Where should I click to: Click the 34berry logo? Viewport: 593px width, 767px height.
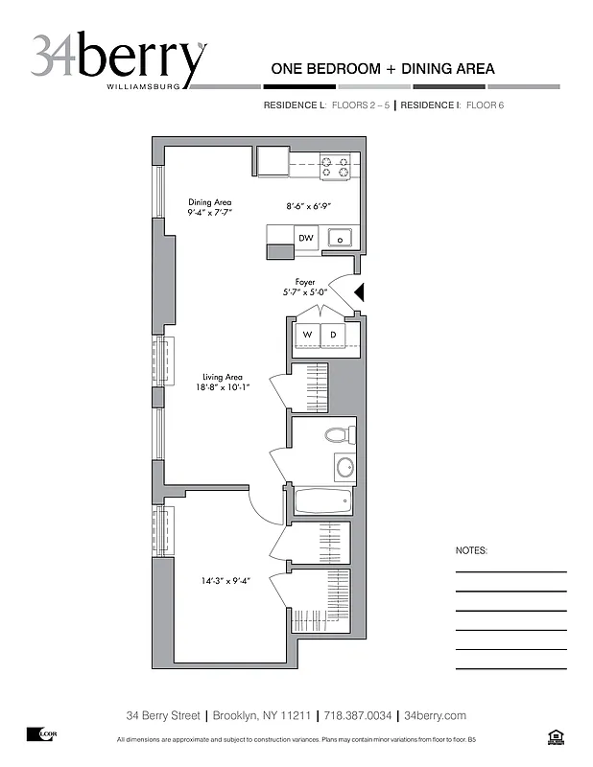118,59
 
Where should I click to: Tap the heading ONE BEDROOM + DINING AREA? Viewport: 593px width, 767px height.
383,68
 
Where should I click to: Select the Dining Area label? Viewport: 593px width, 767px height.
210,207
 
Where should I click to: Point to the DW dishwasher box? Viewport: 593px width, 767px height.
305,238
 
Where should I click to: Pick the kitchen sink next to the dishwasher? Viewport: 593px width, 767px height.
339,238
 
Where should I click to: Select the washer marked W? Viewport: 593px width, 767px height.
307,334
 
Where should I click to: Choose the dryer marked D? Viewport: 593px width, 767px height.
333,334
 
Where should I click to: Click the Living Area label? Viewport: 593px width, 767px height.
222,382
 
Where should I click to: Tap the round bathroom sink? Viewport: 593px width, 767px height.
344,468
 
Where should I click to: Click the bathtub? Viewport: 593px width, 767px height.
321,501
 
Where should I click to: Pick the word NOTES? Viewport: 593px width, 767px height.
471,551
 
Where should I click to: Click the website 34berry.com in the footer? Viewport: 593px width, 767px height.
435,715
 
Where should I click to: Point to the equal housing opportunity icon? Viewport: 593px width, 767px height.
555,736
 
